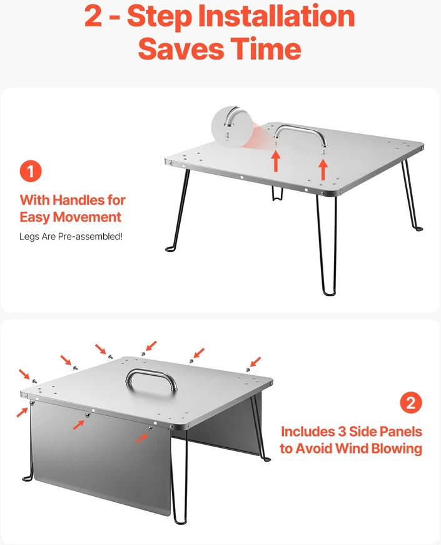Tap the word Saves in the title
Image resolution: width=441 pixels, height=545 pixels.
tap(181, 48)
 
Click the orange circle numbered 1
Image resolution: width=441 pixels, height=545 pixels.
tap(31, 171)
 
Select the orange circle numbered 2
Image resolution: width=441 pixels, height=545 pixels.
tap(411, 403)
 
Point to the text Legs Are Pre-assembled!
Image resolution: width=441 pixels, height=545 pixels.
tap(71, 237)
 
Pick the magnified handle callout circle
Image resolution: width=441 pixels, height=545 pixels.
tap(232, 127)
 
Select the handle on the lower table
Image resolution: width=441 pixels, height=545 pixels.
tap(151, 380)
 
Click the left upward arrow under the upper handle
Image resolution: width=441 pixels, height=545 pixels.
tap(275, 162)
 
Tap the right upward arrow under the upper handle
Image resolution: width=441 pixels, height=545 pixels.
tap(323, 170)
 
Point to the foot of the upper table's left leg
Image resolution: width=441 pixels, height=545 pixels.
tap(170, 249)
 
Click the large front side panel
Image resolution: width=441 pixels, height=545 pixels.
tap(101, 456)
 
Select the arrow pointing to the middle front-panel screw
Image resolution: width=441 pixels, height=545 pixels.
tap(79, 425)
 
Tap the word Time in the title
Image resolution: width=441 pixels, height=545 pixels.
tap(266, 48)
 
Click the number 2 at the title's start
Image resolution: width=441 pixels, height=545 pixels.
tap(93, 16)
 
